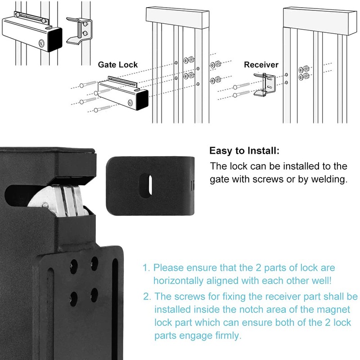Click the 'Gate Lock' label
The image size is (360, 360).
[x=118, y=65]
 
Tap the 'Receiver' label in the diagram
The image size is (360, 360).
[x=261, y=65]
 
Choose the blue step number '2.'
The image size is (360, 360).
[x=147, y=297]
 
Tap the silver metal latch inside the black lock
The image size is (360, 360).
[x=54, y=200]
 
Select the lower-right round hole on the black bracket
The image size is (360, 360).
[x=94, y=294]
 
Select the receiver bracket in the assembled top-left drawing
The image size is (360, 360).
[x=78, y=31]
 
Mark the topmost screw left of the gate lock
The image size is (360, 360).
[x=87, y=84]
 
